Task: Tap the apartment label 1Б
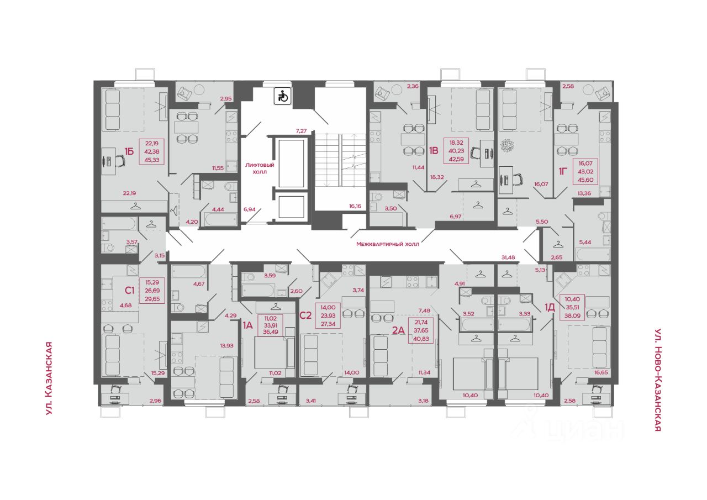[129, 151]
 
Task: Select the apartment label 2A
[398, 330]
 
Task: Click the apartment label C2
[305, 315]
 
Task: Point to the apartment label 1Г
[563, 171]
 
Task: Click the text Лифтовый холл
[260, 169]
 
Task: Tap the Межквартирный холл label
[388, 244]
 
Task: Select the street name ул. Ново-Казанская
[657, 380]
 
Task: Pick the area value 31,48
[508, 257]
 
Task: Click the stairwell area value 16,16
[355, 206]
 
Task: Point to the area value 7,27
[301, 131]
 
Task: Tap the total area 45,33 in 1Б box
[152, 160]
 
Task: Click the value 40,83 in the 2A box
[421, 339]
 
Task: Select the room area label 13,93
[227, 345]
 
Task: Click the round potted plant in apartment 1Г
[507, 145]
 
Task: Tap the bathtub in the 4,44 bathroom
[220, 219]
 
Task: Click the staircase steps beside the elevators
[341, 160]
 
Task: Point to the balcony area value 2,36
[413, 86]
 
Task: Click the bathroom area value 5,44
[585, 242]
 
